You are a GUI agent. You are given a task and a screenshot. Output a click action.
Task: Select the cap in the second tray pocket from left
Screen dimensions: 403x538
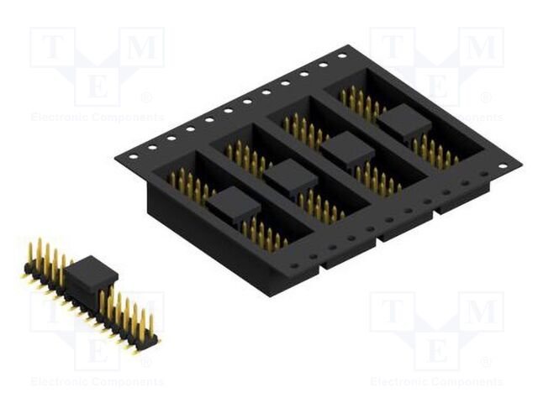pos(290,175)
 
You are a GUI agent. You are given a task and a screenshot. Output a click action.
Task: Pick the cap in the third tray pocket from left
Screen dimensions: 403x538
pos(347,150)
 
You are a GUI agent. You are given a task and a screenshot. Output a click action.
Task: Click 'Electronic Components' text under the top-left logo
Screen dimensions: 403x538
pos(97,118)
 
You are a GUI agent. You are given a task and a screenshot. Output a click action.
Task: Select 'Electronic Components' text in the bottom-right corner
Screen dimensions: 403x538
pos(436,382)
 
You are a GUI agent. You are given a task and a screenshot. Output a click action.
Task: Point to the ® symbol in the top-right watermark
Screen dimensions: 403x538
pos(486,97)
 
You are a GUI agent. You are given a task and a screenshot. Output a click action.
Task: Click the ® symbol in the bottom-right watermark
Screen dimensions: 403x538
pos(486,362)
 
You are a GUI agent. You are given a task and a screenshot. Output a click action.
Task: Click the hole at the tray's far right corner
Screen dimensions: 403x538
pos(503,166)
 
